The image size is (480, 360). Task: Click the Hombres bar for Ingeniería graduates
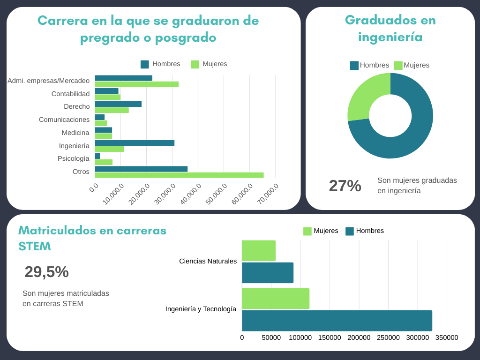click(135, 143)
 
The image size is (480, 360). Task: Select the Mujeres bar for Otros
click(179, 175)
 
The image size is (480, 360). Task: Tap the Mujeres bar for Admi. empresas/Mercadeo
click(136, 84)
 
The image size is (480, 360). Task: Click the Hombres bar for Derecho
click(118, 104)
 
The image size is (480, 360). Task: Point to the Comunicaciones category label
click(64, 120)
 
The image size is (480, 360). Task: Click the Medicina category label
click(75, 133)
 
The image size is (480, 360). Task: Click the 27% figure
click(345, 186)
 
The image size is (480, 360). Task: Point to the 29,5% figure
click(46, 272)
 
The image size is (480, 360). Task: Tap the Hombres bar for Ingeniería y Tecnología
click(337, 321)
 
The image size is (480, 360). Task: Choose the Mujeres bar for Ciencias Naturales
click(259, 251)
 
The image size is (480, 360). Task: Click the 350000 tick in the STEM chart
click(447, 338)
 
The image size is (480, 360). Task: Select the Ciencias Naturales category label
click(208, 261)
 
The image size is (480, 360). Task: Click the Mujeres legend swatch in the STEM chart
click(307, 231)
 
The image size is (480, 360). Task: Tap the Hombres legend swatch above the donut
click(354, 66)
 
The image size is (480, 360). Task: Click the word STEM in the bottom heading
click(34, 247)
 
